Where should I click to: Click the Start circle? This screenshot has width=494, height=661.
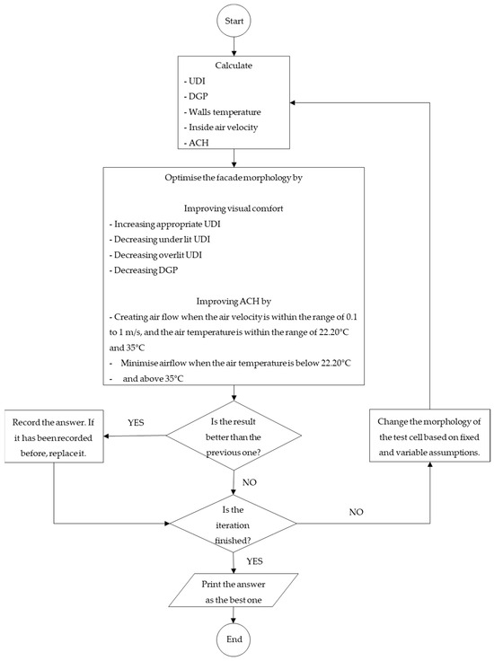[x=234, y=19]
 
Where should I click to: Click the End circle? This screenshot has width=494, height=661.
[x=234, y=639]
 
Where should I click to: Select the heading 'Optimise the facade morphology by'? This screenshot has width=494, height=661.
[x=234, y=179]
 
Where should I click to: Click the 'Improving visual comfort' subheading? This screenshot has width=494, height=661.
[x=234, y=207]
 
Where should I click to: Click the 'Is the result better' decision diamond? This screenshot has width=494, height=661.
[x=234, y=437]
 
